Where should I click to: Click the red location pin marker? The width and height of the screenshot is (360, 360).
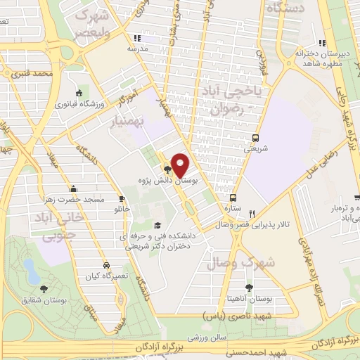[181, 165]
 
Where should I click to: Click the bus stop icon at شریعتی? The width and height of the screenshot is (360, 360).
[255, 138]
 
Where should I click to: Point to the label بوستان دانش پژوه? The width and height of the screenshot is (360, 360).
[192, 180]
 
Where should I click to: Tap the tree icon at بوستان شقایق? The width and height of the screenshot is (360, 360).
[44, 288]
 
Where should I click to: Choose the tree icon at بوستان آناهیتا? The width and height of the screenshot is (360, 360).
[248, 288]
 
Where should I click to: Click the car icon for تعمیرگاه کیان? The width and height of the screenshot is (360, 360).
[105, 266]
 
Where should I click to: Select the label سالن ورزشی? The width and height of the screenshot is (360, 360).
[222, 337]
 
